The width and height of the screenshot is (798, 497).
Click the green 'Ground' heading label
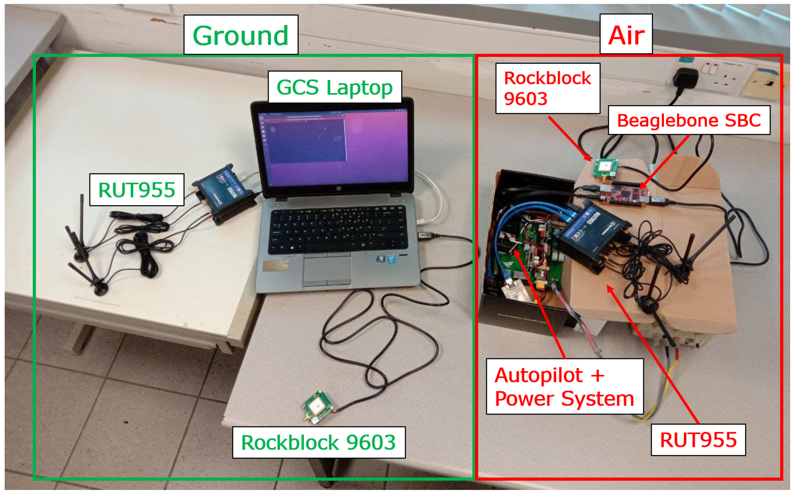click(x=241, y=35)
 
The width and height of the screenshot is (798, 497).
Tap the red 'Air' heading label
click(x=626, y=35)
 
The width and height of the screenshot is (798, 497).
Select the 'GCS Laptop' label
click(x=335, y=87)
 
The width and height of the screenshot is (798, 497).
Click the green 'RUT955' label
click(x=136, y=190)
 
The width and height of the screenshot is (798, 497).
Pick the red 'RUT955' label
click(x=698, y=440)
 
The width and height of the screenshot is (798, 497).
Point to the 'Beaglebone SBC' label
click(x=689, y=120)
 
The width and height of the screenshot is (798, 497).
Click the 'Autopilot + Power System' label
click(x=564, y=387)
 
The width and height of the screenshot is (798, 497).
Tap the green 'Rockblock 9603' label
click(x=319, y=442)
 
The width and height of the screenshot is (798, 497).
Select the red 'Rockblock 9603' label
click(x=547, y=88)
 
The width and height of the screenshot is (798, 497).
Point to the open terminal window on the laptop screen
click(x=307, y=139)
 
